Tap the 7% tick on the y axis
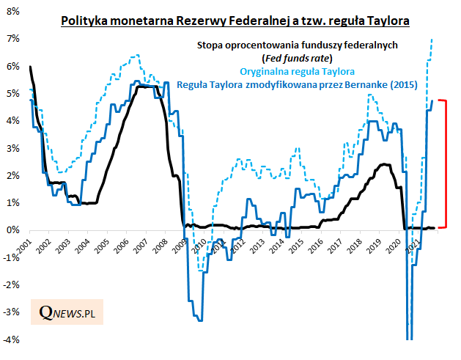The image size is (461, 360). pyautogui.click(x=12, y=38)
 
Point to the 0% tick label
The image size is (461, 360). pyautogui.click(x=12, y=230)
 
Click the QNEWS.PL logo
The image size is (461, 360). pyautogui.click(x=71, y=315)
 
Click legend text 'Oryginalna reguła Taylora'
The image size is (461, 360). pyautogui.click(x=298, y=72)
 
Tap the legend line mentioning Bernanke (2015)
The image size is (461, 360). pyautogui.click(x=297, y=85)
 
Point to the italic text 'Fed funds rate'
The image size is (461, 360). pyautogui.click(x=297, y=58)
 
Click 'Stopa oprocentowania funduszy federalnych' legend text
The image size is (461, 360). pyautogui.click(x=297, y=45)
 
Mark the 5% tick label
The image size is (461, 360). pyautogui.click(x=12, y=93)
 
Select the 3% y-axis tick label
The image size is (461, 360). pyautogui.click(x=12, y=148)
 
